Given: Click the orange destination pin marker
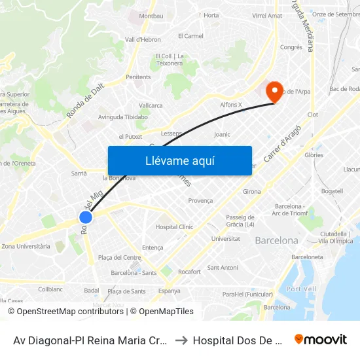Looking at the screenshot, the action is pyautogui.click(x=273, y=92).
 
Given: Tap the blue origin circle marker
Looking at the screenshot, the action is pyautogui.click(x=86, y=217).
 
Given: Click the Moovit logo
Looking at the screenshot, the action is pyautogui.click(x=320, y=339).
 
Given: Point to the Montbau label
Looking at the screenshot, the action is pyautogui.click(x=151, y=15).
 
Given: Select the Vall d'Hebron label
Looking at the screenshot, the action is pyautogui.click(x=143, y=39).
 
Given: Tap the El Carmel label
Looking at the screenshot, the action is pyautogui.click(x=190, y=36).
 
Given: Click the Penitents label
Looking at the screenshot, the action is pyautogui.click(x=138, y=77).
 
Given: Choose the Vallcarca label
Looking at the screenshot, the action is pyautogui.click(x=151, y=105).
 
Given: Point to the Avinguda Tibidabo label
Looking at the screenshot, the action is pyautogui.click(x=123, y=117).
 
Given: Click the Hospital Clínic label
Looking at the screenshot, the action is pyautogui.click(x=175, y=227).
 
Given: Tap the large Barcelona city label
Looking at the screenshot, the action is pyautogui.click(x=276, y=240).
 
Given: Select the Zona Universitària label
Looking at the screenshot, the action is pyautogui.click(x=26, y=246).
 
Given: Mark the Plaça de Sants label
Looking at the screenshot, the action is pyautogui.click(x=126, y=291).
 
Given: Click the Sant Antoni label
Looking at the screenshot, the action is pyautogui.click(x=223, y=267).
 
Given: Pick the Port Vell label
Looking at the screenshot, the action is pyautogui.click(x=302, y=289).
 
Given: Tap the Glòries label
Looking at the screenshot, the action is pyautogui.click(x=314, y=155).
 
